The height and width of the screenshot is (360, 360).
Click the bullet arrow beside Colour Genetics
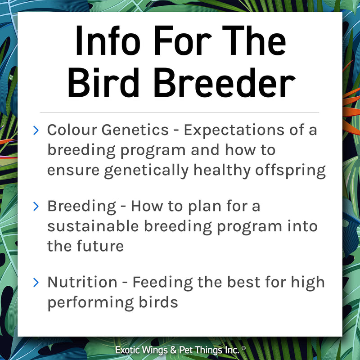pos(36,130)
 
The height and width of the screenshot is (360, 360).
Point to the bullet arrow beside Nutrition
pos(36,283)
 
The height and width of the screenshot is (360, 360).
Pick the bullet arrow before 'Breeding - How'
pos(36,207)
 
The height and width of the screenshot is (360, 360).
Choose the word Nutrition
pos(82,283)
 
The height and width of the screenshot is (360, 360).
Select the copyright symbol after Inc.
pos(243,348)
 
